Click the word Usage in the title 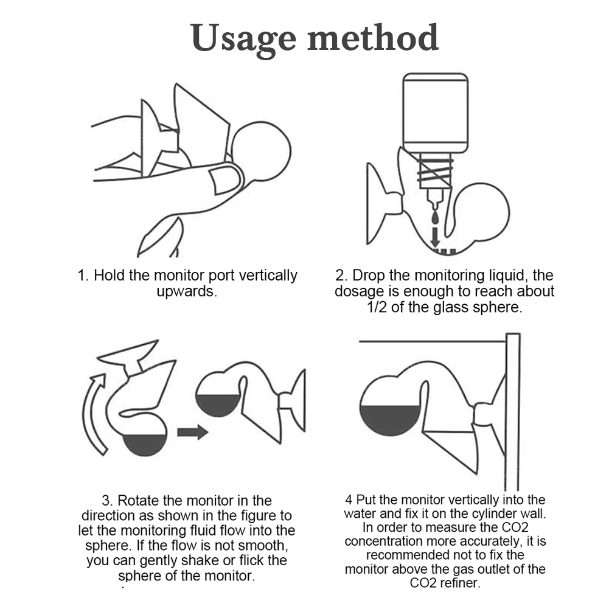click(243, 39)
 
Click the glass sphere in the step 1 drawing click(261, 151)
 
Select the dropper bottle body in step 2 click(436, 113)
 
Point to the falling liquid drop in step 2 click(435, 217)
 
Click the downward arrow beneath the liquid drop click(435, 237)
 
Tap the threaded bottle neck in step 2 click(435, 171)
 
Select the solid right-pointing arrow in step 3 click(193, 432)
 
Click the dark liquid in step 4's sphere click(389, 419)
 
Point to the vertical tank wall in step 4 click(513, 412)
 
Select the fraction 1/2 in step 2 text click(377, 307)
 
